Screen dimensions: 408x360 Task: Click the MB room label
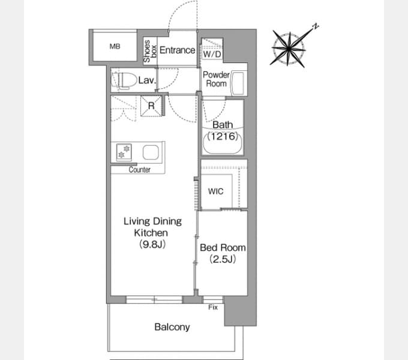click(115, 47)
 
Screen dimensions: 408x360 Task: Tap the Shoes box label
click(150, 51)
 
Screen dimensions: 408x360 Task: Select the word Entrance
click(177, 50)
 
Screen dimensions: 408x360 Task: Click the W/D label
click(212, 54)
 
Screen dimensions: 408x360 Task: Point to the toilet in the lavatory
click(124, 80)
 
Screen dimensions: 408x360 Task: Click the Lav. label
click(147, 80)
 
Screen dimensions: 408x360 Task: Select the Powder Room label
click(216, 79)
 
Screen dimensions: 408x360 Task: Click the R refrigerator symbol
click(151, 106)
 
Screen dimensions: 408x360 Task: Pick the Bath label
click(223, 125)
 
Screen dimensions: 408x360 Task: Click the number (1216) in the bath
click(223, 136)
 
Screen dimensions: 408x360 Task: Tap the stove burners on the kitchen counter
click(124, 152)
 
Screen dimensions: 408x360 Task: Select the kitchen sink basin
click(151, 152)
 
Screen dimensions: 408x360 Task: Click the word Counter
click(139, 170)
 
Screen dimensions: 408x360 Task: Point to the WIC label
click(216, 191)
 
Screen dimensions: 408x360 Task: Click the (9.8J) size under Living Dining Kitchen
click(152, 244)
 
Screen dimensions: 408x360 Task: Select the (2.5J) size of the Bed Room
click(223, 259)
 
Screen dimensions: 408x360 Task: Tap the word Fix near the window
click(213, 307)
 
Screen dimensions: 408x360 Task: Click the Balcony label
click(172, 327)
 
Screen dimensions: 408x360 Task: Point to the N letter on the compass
click(316, 26)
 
